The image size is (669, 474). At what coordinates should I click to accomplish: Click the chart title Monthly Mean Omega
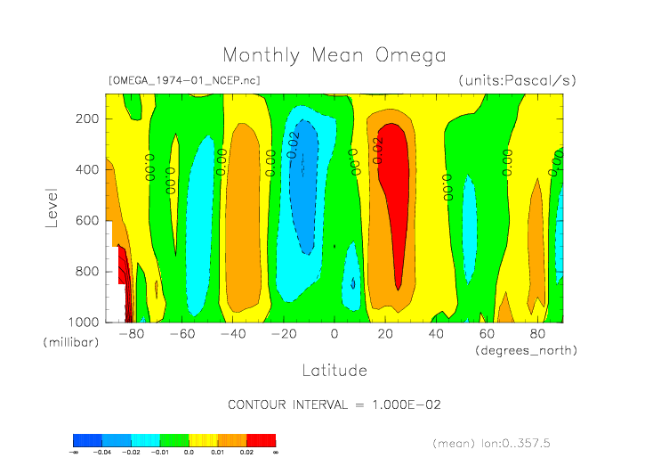click(334, 56)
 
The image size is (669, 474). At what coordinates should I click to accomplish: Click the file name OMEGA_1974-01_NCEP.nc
click(184, 80)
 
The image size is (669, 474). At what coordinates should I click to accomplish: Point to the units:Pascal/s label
click(517, 80)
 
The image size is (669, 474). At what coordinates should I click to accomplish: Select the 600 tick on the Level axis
click(87, 220)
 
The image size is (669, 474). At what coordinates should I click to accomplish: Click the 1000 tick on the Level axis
click(84, 322)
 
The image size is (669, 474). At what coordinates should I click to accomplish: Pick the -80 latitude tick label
click(131, 335)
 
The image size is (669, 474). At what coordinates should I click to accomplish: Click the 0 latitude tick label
click(334, 335)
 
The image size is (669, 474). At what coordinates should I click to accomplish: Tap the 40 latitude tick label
click(436, 335)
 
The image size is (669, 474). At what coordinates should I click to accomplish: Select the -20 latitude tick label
click(283, 335)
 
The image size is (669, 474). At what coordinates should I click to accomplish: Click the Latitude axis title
click(334, 369)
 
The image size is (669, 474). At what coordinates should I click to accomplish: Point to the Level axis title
click(51, 206)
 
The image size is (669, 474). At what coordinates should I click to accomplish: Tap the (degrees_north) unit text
click(526, 350)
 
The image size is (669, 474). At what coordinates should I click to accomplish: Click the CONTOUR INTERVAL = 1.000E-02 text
click(334, 405)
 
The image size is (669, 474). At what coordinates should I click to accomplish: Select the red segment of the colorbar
click(262, 440)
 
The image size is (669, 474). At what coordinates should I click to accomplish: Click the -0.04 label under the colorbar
click(102, 453)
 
